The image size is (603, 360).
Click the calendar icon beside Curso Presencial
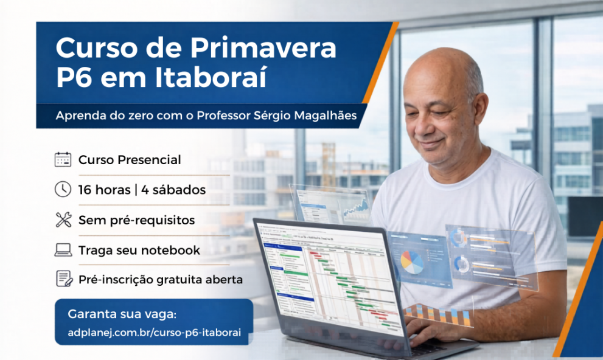[x=63, y=160]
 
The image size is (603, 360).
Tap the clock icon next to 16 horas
[x=63, y=190]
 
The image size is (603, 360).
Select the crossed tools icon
[x=63, y=220]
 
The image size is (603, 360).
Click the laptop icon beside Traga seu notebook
[x=63, y=250]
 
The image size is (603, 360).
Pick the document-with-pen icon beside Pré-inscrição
[x=63, y=279]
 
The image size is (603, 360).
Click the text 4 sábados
[x=173, y=190]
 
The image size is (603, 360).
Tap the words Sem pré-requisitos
[x=136, y=220]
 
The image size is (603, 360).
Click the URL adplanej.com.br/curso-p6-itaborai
[x=154, y=333]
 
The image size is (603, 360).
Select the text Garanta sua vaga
[x=122, y=314]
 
